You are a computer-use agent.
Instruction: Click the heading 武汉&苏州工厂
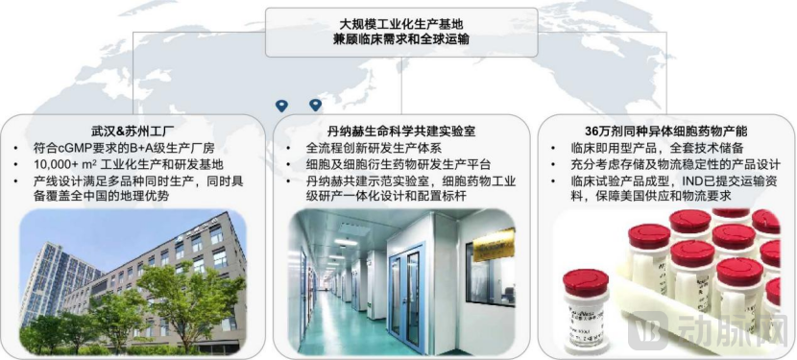coord(133,131)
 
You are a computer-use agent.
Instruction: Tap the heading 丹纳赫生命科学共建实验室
coord(401,131)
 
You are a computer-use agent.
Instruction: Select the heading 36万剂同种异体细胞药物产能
coord(665,131)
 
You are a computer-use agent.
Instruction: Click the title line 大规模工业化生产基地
coord(401,24)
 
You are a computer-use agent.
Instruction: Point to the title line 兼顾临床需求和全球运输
coord(401,39)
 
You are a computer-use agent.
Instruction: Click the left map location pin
coord(281,106)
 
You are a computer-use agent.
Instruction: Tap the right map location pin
coord(316,106)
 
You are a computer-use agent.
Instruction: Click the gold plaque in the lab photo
coord(494,245)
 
